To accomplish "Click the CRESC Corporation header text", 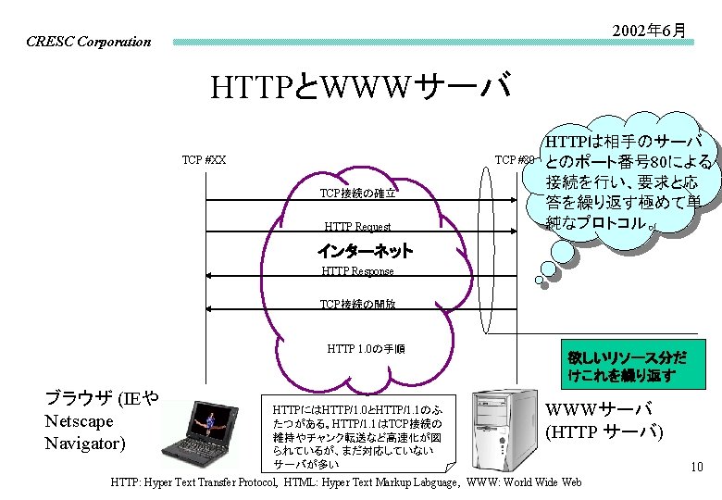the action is (88, 42).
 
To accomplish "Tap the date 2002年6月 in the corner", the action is (649, 31).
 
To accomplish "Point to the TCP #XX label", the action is (204, 160).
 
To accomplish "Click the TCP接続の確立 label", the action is (357, 194).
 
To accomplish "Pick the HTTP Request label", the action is (357, 227).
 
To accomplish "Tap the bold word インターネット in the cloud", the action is (365, 251).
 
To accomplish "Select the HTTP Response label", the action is (357, 271).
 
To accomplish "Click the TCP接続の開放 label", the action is (357, 304).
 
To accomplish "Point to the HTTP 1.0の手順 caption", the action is (366, 349).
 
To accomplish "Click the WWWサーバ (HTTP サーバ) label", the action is (604, 419).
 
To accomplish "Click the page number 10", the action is (697, 469).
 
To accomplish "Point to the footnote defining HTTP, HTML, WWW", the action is (345, 482).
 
